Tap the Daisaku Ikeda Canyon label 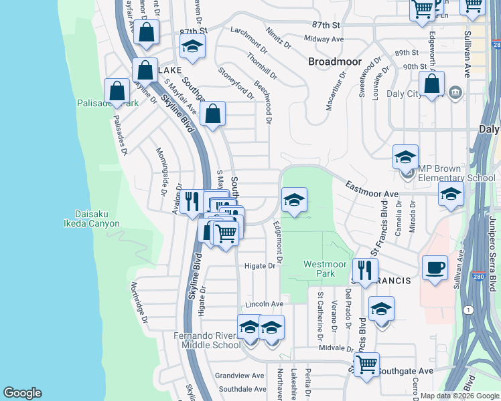[92, 219]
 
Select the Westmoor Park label [319, 269]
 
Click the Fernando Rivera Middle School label [207, 340]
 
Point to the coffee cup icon [435, 268]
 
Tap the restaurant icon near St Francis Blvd [364, 270]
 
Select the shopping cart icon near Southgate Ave [366, 364]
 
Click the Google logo [22, 392]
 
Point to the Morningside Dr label [162, 172]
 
